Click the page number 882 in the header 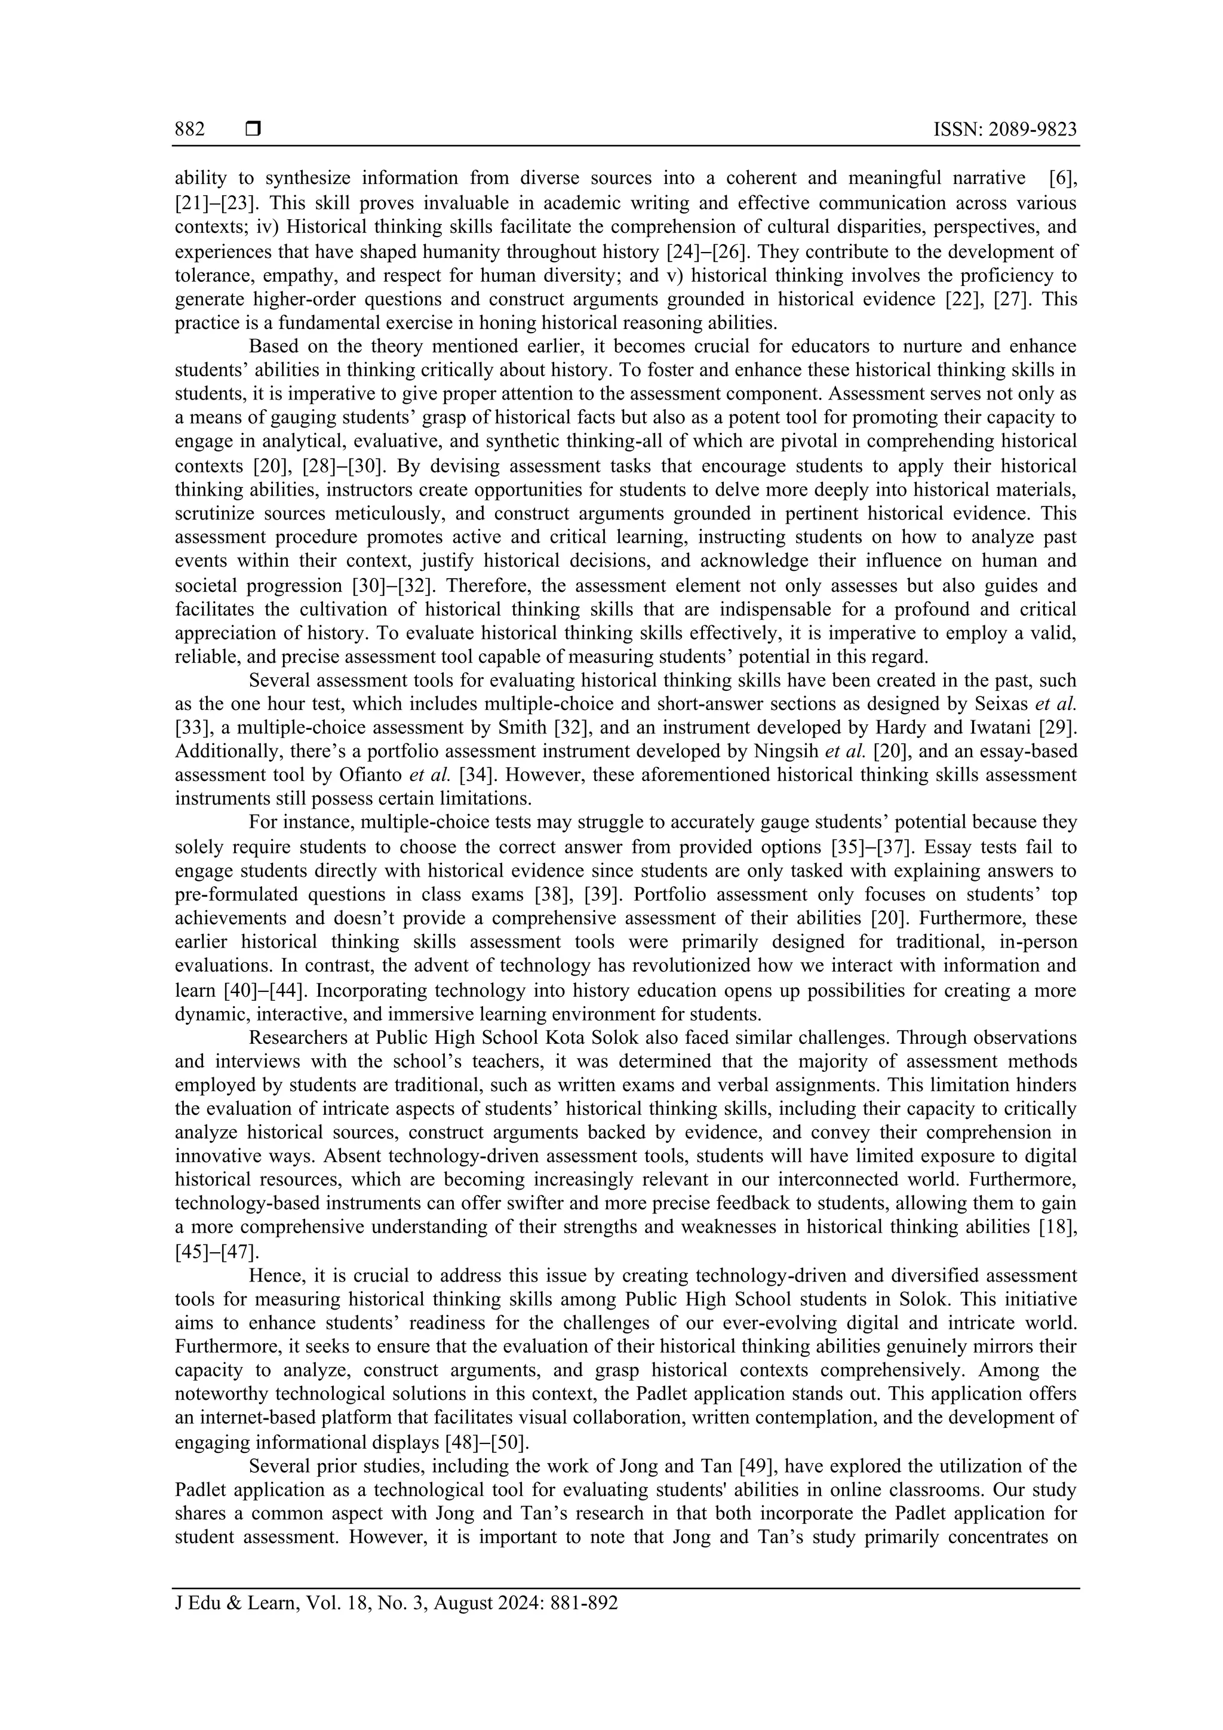[x=190, y=130]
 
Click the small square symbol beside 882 [x=253, y=130]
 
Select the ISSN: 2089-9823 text [x=1004, y=130]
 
